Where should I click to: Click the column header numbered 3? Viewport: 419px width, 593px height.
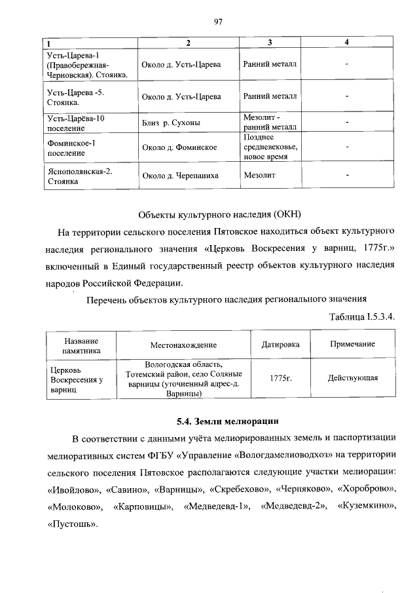click(269, 43)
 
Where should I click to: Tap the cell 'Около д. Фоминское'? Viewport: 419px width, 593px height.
click(179, 147)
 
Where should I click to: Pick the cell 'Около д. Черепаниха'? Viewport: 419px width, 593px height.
click(180, 176)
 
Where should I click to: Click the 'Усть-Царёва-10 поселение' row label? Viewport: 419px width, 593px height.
click(72, 123)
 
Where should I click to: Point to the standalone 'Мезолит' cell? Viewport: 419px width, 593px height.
click(259, 176)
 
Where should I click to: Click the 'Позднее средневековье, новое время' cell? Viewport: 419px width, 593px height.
click(270, 147)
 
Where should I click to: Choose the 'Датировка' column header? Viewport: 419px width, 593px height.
click(280, 344)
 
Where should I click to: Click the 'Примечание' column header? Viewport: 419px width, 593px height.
click(352, 344)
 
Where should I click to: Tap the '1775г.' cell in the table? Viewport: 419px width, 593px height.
click(280, 379)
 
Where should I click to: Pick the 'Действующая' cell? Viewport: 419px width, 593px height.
click(353, 378)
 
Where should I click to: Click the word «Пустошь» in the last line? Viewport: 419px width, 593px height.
click(72, 524)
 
